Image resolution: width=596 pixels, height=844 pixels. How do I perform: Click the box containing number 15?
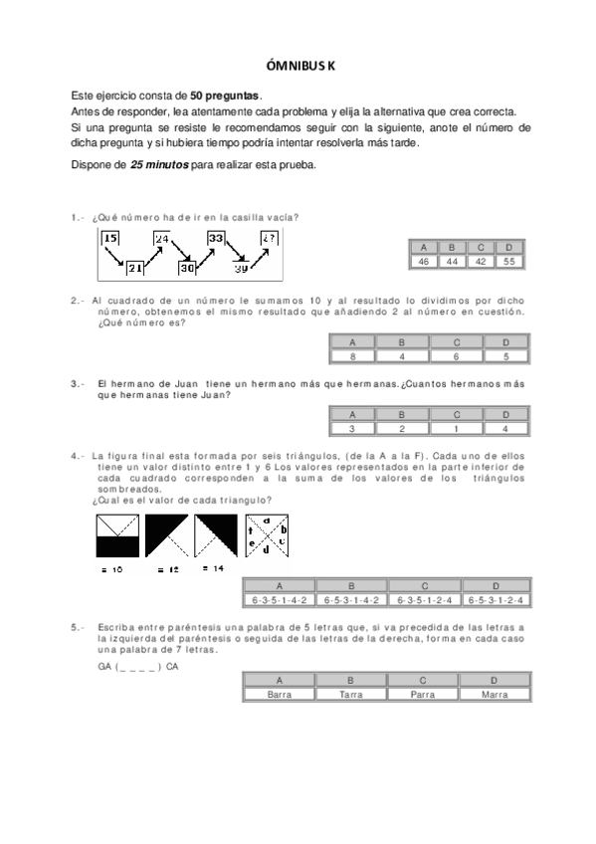(110, 238)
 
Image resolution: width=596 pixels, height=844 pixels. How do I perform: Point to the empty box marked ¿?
(270, 238)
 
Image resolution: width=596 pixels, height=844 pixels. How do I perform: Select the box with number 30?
(189, 267)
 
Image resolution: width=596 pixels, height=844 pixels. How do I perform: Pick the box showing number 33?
(216, 238)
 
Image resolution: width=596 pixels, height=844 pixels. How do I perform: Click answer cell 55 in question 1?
(508, 261)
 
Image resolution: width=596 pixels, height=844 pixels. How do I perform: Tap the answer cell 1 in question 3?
(453, 428)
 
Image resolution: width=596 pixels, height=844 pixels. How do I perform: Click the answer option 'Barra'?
(281, 695)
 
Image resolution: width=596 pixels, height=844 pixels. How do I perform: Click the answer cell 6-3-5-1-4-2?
(280, 600)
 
